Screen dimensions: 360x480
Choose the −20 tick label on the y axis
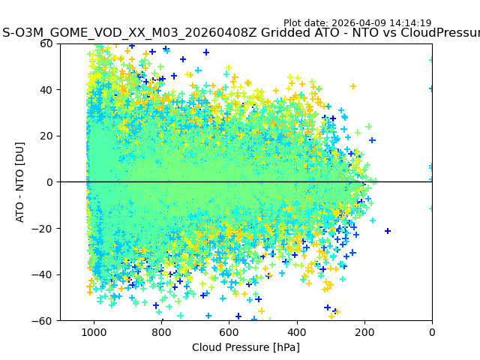(x=44, y=228)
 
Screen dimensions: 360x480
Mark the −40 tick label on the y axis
(x=44, y=274)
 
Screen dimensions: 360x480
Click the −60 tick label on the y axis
(x=44, y=320)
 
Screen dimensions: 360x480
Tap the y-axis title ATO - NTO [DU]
(x=21, y=182)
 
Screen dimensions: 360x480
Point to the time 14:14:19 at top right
(x=411, y=23)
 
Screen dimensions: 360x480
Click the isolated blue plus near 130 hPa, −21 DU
(x=388, y=231)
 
